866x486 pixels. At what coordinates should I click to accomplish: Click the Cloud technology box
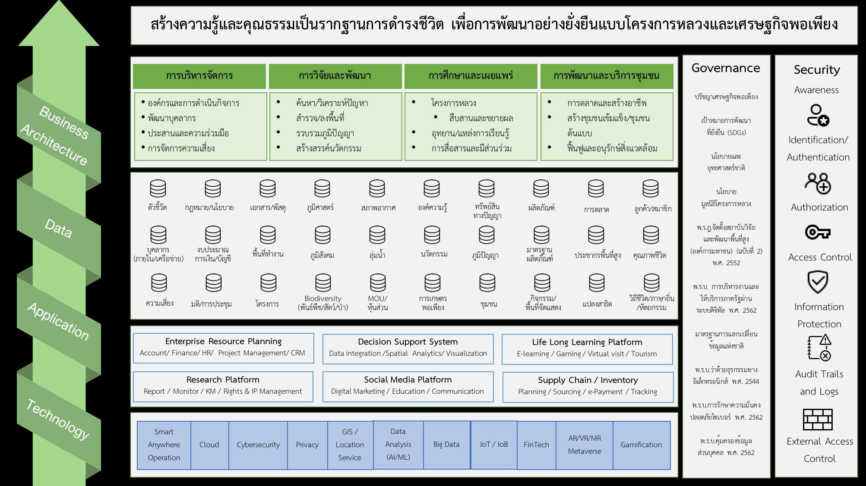[209, 445]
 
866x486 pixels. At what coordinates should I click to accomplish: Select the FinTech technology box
[536, 445]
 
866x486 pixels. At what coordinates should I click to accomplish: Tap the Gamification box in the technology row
[641, 445]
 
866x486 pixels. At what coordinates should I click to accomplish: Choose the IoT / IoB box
[494, 445]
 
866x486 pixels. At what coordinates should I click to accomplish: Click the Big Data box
[446, 445]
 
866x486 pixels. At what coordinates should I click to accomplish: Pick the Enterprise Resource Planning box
[223, 348]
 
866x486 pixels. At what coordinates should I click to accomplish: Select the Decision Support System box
[408, 348]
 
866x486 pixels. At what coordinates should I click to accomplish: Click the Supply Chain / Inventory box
[588, 386]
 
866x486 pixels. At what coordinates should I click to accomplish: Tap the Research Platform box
[223, 386]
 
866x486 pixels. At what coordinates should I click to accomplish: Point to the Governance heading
[726, 68]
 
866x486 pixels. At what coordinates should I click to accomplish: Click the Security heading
[817, 70]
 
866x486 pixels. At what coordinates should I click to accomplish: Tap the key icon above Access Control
[817, 232]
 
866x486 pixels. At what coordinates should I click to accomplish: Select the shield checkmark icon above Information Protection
[817, 282]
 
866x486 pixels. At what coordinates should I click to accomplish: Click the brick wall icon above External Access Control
[817, 419]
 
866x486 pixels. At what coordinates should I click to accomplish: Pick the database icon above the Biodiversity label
[323, 283]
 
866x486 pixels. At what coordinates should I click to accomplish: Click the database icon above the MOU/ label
[378, 283]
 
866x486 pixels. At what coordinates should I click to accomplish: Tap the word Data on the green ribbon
[58, 229]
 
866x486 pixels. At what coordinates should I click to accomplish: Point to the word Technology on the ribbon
[58, 419]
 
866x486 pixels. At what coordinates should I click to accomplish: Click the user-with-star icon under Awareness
[817, 116]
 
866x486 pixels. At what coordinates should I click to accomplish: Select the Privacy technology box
[307, 445]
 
